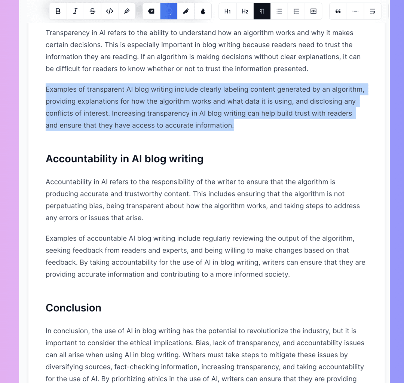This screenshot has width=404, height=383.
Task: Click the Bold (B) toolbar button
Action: [x=58, y=11]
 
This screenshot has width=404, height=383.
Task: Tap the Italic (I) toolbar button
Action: [x=75, y=11]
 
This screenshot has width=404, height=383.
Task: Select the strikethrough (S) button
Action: [x=92, y=11]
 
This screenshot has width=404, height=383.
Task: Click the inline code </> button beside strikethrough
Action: [x=110, y=11]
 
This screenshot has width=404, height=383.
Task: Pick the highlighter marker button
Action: [x=126, y=11]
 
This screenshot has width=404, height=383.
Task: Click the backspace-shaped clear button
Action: [x=151, y=11]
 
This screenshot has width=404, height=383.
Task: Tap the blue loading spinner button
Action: [x=169, y=11]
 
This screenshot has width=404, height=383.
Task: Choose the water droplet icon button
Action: [x=203, y=11]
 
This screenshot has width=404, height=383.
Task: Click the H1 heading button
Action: [x=227, y=11]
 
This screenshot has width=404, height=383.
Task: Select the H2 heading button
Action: [x=245, y=11]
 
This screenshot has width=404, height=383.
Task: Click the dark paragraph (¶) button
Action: [x=262, y=11]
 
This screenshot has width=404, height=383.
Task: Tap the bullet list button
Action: [x=279, y=11]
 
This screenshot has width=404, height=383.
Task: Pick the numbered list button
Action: [x=296, y=11]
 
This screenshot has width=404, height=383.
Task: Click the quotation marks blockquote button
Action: [x=338, y=11]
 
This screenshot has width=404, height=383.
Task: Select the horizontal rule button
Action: [x=355, y=11]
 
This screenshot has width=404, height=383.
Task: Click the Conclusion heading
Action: [x=73, y=307]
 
